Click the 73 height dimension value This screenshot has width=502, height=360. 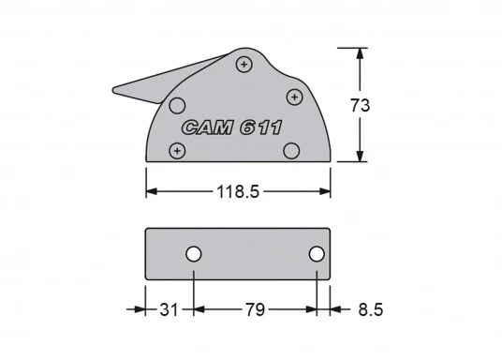[x=361, y=105]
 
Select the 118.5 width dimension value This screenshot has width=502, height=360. [x=238, y=191]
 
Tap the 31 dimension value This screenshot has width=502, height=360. [x=169, y=309]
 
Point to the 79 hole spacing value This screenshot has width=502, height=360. [x=255, y=309]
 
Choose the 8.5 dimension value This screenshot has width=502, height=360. [x=371, y=309]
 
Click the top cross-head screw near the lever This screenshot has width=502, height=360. [x=244, y=64]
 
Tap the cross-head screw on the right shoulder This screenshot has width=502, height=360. [x=294, y=97]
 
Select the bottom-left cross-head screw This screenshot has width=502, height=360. [x=177, y=151]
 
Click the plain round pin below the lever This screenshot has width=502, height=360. [x=177, y=105]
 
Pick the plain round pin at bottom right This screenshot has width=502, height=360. [x=291, y=151]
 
